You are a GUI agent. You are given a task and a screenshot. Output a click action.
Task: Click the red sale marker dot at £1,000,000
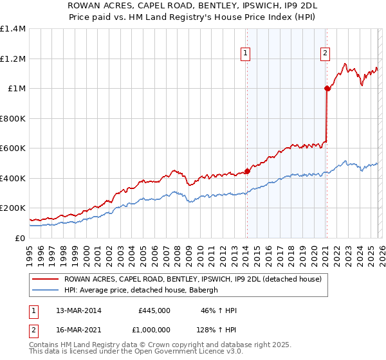click(327, 89)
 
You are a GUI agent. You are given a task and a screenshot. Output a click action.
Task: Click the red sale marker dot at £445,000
click(247, 172)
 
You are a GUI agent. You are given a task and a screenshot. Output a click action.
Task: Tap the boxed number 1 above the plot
click(246, 53)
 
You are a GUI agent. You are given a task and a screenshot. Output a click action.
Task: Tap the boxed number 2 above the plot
click(326, 53)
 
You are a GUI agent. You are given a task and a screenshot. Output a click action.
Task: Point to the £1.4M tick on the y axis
click(13, 29)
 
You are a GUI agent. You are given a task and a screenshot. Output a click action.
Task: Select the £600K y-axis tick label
click(13, 148)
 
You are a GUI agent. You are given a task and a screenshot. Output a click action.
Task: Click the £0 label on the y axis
click(21, 238)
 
